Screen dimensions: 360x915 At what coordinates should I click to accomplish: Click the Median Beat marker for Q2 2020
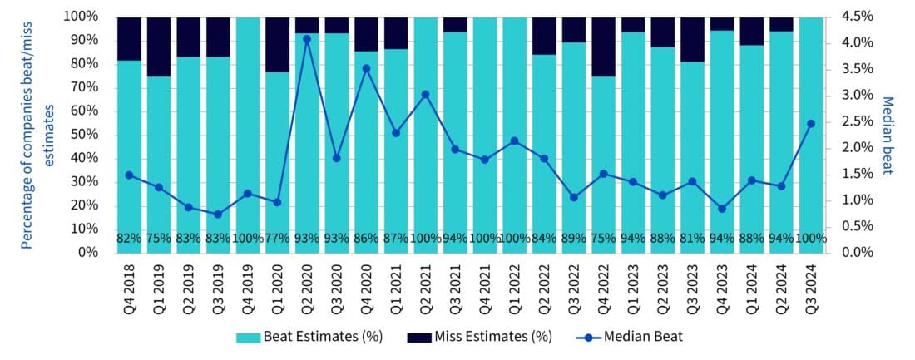coord(307,39)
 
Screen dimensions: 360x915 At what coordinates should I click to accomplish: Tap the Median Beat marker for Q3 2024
coord(811,123)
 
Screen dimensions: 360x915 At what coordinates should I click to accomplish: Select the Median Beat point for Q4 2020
coord(366,68)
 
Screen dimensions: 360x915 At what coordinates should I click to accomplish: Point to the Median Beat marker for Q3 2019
coord(218,215)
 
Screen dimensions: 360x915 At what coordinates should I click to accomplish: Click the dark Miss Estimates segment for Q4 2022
coord(603,47)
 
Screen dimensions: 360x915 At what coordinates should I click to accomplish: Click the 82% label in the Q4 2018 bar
coord(129,239)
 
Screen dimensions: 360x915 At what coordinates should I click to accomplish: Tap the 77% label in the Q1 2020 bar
coord(277,239)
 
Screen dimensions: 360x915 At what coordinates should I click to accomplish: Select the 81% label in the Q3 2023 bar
coord(692,239)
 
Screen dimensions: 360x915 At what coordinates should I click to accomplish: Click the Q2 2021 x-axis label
coord(426,287)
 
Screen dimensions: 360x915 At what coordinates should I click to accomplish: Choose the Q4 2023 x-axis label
coord(722,287)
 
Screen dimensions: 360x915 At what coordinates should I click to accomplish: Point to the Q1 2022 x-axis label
coord(515,287)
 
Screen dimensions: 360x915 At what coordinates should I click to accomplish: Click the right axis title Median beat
coord(888,135)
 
